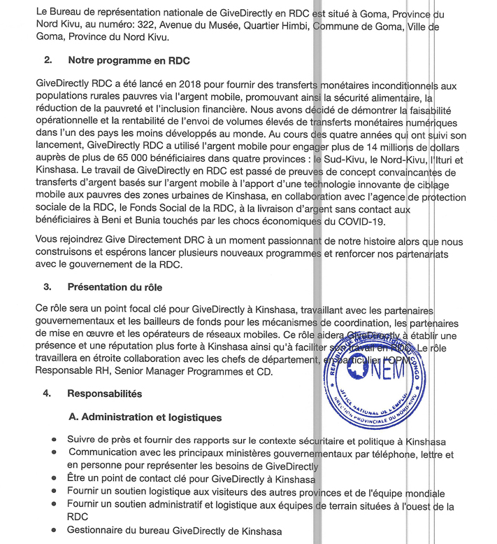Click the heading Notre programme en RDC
click(x=129, y=61)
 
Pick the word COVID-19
click(x=370, y=222)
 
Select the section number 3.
click(x=48, y=286)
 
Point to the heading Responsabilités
click(x=105, y=393)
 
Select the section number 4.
click(x=48, y=393)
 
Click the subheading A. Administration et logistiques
click(x=145, y=417)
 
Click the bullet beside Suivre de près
click(x=54, y=441)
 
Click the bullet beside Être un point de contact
click(x=54, y=480)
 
